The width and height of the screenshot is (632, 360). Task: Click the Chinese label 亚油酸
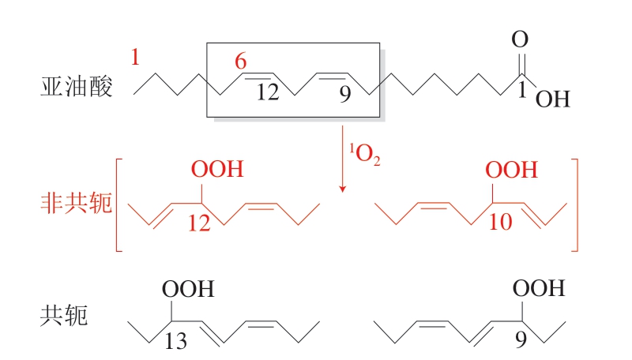(x=76, y=87)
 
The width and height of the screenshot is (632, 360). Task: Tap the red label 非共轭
(x=76, y=204)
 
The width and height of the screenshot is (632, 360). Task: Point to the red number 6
(x=242, y=62)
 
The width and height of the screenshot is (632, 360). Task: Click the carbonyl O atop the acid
(x=520, y=39)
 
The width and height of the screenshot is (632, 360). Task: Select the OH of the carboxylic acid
(x=553, y=99)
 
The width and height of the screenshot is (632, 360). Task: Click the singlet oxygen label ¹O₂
(x=365, y=154)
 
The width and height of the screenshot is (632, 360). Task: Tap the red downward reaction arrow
(x=343, y=159)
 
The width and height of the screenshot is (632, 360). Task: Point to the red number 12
(x=201, y=223)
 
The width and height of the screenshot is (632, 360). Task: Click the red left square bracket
(x=119, y=205)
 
